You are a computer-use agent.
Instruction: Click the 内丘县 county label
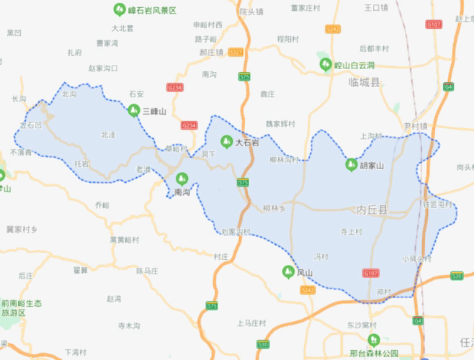pos(372,210)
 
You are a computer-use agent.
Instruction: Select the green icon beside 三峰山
pos(133,111)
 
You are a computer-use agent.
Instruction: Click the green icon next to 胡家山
pos(352,165)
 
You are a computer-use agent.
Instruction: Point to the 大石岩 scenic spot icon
pos(226,142)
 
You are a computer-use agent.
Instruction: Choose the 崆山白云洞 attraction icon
pos(326,65)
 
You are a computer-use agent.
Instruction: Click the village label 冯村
pos(321,256)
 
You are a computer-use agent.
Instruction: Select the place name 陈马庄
pos(147,270)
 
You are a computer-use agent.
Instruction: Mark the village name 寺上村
pos(351,231)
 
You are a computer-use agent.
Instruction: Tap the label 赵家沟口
pos(103,68)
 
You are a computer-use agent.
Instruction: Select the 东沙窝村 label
pos(362,325)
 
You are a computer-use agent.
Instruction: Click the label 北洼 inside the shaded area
pos(108,135)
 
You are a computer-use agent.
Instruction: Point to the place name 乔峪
pos(102,205)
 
